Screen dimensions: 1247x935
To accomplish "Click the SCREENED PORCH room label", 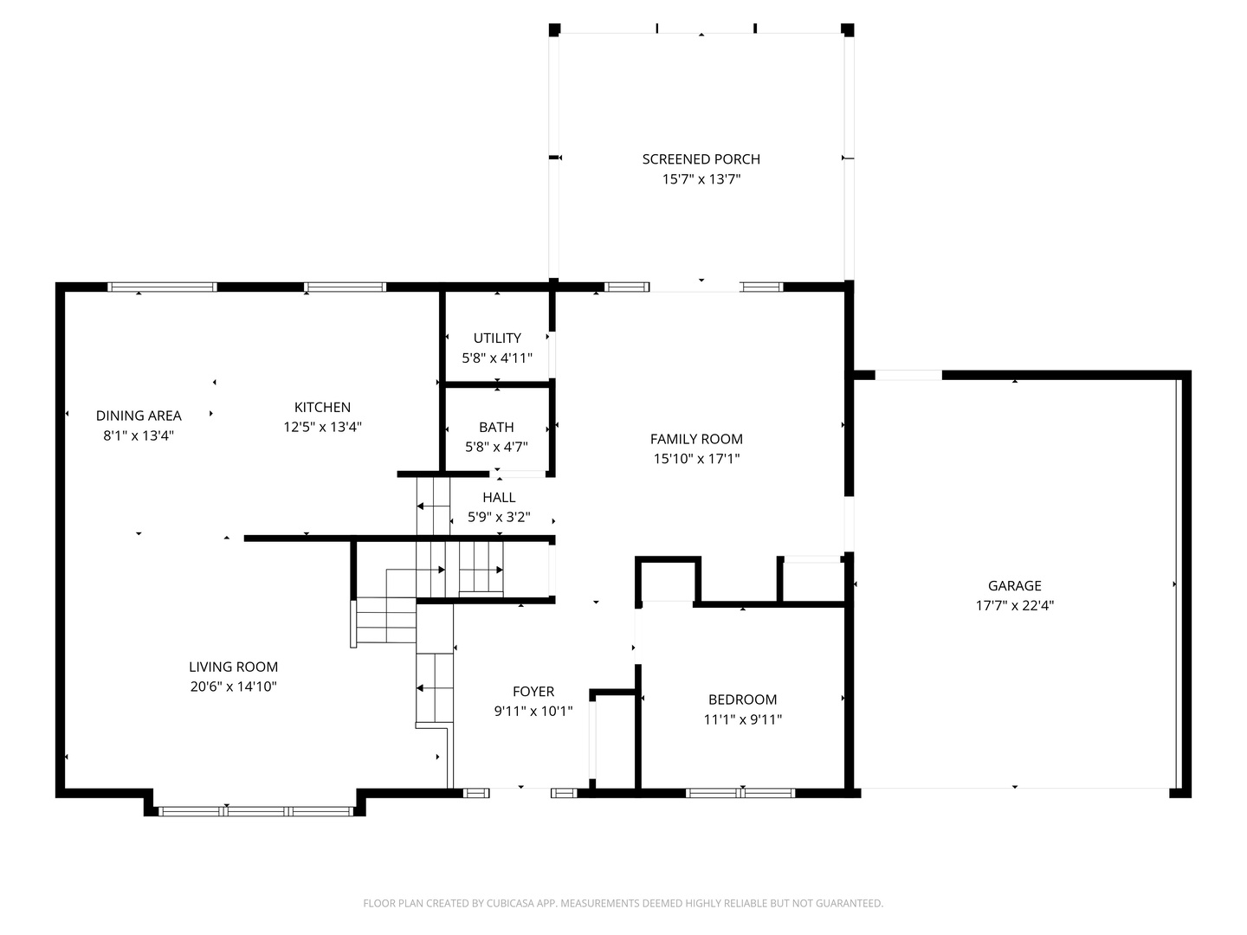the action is [x=701, y=159].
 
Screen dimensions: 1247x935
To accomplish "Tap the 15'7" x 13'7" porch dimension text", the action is [x=701, y=179].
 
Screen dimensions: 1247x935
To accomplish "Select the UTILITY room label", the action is [x=497, y=339].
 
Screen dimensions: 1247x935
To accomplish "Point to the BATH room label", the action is [x=496, y=427].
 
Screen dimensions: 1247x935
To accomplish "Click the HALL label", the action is [x=499, y=497].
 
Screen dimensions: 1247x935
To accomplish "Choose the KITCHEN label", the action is [x=322, y=407].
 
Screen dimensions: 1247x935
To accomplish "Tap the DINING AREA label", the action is [x=139, y=416].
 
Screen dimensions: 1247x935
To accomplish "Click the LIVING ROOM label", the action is [x=234, y=667].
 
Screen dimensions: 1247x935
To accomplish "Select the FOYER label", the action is [x=533, y=692].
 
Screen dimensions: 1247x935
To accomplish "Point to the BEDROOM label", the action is [x=742, y=700].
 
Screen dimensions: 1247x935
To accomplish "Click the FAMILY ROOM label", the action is [x=696, y=439].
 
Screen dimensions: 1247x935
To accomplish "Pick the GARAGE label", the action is [x=1015, y=586].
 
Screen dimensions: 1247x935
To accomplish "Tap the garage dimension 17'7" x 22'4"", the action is [x=1015, y=606].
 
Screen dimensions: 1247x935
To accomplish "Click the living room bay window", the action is [x=255, y=811].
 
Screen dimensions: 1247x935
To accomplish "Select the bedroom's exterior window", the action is [x=740, y=793].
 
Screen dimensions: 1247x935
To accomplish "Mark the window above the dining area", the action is [x=163, y=287].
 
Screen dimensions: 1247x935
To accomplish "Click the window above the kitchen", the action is [x=345, y=287].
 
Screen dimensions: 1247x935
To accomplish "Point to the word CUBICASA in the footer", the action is [x=509, y=903].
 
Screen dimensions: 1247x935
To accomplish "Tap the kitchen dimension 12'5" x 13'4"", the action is [x=323, y=427].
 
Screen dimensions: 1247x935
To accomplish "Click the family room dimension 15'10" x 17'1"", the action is [x=696, y=459].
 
